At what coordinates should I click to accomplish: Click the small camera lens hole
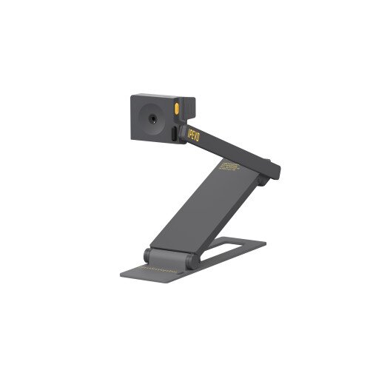pyautogui.click(x=152, y=117)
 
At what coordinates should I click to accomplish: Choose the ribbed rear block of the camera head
pyautogui.click(x=187, y=109)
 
